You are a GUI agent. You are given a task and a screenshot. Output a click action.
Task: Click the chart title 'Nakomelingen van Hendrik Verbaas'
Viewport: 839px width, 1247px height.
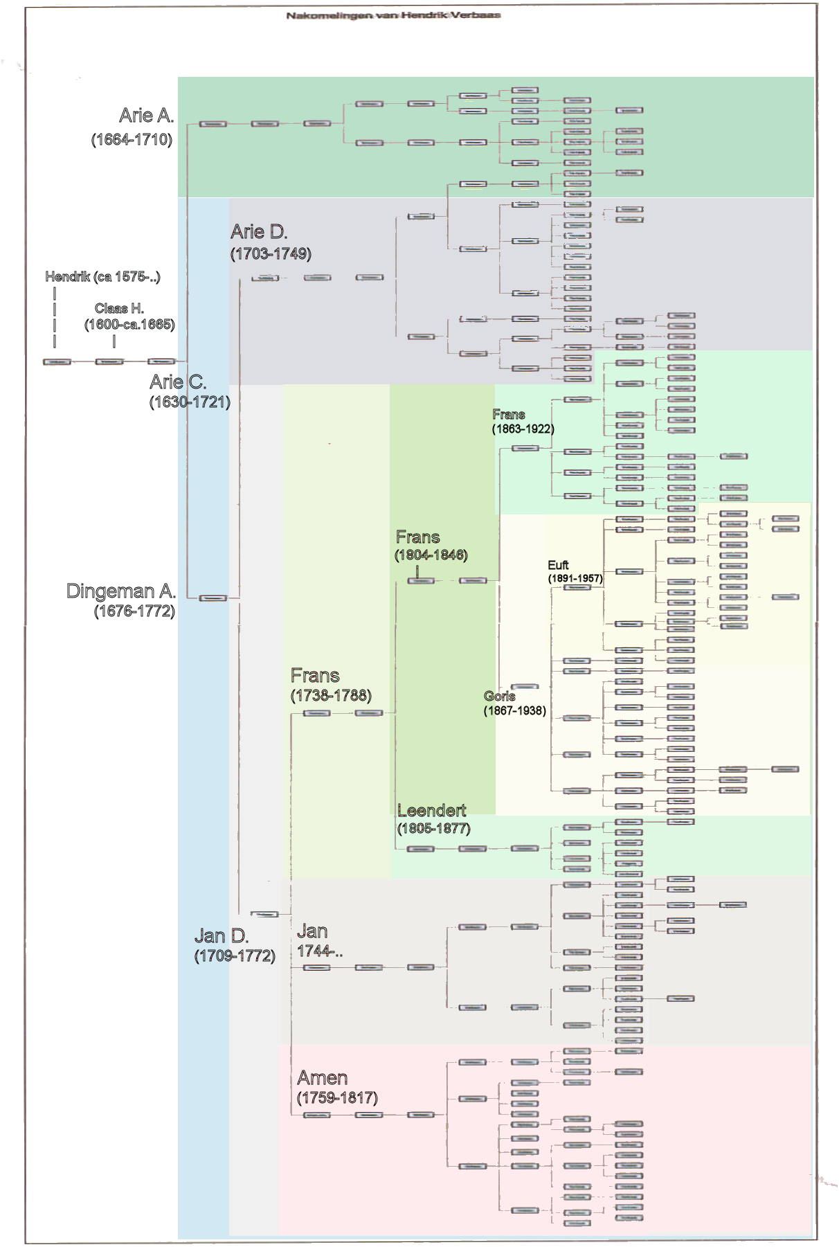[393, 15]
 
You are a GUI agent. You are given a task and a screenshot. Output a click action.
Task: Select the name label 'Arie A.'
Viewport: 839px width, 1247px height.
[146, 116]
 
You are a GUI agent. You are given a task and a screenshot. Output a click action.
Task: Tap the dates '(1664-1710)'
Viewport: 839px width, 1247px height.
[132, 140]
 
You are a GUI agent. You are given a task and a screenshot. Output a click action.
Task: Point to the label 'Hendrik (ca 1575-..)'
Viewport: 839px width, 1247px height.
[102, 277]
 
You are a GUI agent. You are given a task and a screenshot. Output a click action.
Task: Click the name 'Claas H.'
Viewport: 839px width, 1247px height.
[119, 308]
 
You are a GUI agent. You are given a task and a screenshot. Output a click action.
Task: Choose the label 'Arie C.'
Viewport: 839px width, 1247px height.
[178, 382]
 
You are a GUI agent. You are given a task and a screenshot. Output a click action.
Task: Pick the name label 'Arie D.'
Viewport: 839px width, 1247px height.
[259, 232]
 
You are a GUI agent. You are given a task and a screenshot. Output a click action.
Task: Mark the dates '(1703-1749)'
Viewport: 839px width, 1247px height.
[271, 254]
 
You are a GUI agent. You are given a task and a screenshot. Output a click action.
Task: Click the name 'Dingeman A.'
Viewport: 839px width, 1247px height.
[121, 591]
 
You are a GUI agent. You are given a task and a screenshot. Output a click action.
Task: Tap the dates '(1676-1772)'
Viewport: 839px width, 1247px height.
[134, 611]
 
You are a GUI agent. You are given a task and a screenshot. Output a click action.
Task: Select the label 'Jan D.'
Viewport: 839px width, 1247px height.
[222, 936]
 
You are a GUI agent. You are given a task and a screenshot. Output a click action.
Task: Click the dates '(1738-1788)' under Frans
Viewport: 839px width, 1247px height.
[331, 696]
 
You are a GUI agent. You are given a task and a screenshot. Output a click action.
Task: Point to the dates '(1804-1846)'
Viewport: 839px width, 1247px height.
[431, 555]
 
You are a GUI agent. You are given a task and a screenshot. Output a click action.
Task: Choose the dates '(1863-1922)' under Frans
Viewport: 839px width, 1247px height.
[523, 429]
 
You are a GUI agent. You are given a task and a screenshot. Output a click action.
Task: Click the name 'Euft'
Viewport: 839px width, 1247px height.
[558, 565]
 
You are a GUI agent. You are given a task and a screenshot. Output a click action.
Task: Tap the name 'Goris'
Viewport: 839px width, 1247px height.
[499, 696]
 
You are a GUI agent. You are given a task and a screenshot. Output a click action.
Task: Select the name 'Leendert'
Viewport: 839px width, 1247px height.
[432, 811]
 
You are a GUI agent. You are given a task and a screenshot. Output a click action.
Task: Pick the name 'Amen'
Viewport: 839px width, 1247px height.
[323, 1078]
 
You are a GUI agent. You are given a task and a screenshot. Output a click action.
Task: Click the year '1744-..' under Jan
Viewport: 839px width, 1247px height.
[320, 951]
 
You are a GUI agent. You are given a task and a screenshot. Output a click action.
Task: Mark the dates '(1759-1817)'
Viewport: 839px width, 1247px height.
[337, 1098]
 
